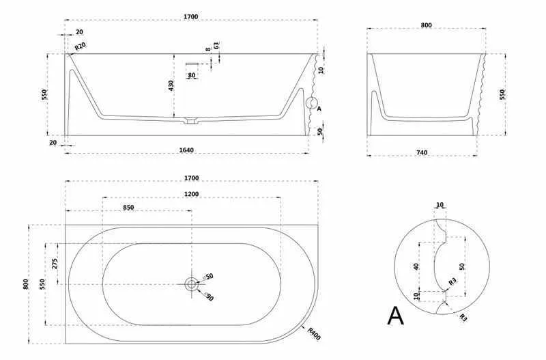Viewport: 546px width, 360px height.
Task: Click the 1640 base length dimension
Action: pos(186,150)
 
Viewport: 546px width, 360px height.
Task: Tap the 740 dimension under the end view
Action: pos(422,152)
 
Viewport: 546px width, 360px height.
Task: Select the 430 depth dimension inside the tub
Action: pos(171,85)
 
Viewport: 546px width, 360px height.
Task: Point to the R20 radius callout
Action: pos(80,46)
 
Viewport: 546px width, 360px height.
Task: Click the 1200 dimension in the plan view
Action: pos(192,194)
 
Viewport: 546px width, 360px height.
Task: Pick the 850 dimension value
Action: pos(128,208)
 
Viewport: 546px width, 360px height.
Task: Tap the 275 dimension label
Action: pos(55,263)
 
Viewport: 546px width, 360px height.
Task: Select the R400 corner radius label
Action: pos(314,334)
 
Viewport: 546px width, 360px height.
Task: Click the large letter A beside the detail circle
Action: pos(396,316)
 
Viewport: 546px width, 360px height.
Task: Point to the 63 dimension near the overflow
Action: pos(216,46)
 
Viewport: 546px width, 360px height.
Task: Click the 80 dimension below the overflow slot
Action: pos(192,75)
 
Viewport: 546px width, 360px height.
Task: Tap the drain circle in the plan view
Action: pos(192,284)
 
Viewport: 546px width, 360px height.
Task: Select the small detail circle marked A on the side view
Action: pos(312,103)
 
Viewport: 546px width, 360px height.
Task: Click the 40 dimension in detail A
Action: pos(416,266)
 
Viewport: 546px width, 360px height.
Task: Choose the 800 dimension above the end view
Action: pos(426,25)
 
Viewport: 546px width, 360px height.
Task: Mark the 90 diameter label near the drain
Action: pos(210,296)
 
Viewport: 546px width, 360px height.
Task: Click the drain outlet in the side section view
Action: pos(190,122)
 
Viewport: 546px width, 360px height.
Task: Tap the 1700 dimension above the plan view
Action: pos(192,178)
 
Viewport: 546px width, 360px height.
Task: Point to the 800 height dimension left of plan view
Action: pos(25,284)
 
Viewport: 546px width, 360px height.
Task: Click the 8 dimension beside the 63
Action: pos(208,49)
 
